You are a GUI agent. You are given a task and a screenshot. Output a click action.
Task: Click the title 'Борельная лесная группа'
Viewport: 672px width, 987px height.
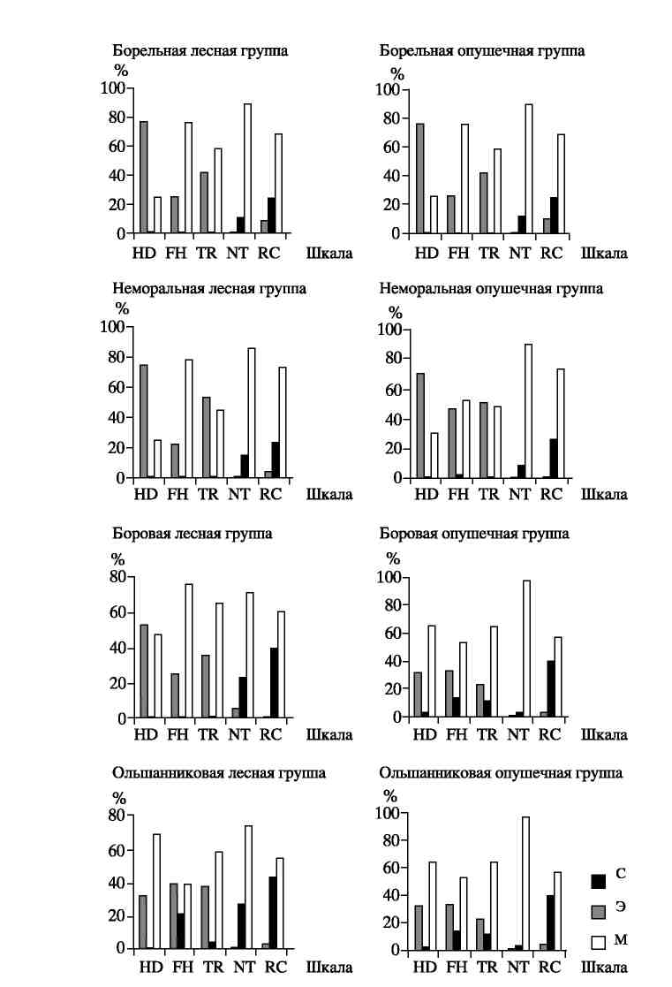tap(200, 50)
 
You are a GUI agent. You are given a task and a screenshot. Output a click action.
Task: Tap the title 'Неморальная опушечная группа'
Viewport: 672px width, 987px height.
tap(491, 288)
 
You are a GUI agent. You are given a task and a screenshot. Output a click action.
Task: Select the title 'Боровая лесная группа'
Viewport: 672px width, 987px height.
tap(192, 534)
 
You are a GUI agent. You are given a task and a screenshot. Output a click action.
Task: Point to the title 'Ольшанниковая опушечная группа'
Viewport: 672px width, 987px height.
tap(501, 773)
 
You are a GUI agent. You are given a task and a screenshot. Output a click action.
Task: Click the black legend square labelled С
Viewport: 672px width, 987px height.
tap(599, 881)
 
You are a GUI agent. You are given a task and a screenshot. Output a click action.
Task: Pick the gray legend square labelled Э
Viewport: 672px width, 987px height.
tap(599, 912)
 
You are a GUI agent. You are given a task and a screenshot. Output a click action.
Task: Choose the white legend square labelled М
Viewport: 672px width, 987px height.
tap(599, 942)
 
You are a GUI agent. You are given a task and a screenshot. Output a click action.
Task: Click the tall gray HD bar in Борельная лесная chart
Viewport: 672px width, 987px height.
tap(143, 178)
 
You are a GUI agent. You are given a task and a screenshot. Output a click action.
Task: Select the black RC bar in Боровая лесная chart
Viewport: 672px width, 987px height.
tap(274, 683)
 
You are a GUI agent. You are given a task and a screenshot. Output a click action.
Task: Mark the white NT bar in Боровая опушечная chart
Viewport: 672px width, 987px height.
tap(526, 649)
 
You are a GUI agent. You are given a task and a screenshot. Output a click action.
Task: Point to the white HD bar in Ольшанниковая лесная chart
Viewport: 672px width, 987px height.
tap(156, 892)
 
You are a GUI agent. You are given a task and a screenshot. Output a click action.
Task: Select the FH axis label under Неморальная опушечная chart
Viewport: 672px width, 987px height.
tap(458, 495)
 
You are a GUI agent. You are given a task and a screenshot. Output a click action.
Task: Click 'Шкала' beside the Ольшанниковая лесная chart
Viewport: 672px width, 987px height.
tap(329, 967)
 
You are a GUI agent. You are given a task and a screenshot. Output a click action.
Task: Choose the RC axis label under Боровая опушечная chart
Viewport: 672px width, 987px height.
tap(549, 734)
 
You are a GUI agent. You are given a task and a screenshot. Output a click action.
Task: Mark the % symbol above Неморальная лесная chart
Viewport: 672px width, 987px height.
tap(122, 308)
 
